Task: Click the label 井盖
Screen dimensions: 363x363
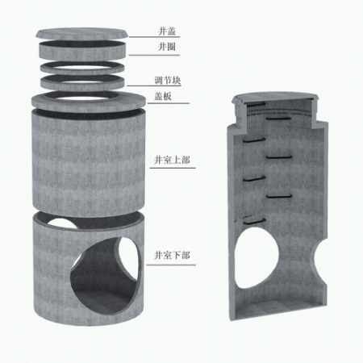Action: coord(167,31)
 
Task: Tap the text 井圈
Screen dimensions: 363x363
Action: coord(167,47)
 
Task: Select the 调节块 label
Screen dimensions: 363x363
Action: coord(168,81)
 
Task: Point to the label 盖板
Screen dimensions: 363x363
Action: coord(163,96)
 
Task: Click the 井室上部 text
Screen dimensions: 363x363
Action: coord(172,160)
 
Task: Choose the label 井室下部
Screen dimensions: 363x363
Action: coord(172,255)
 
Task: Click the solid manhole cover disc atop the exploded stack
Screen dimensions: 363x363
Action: coord(82,34)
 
